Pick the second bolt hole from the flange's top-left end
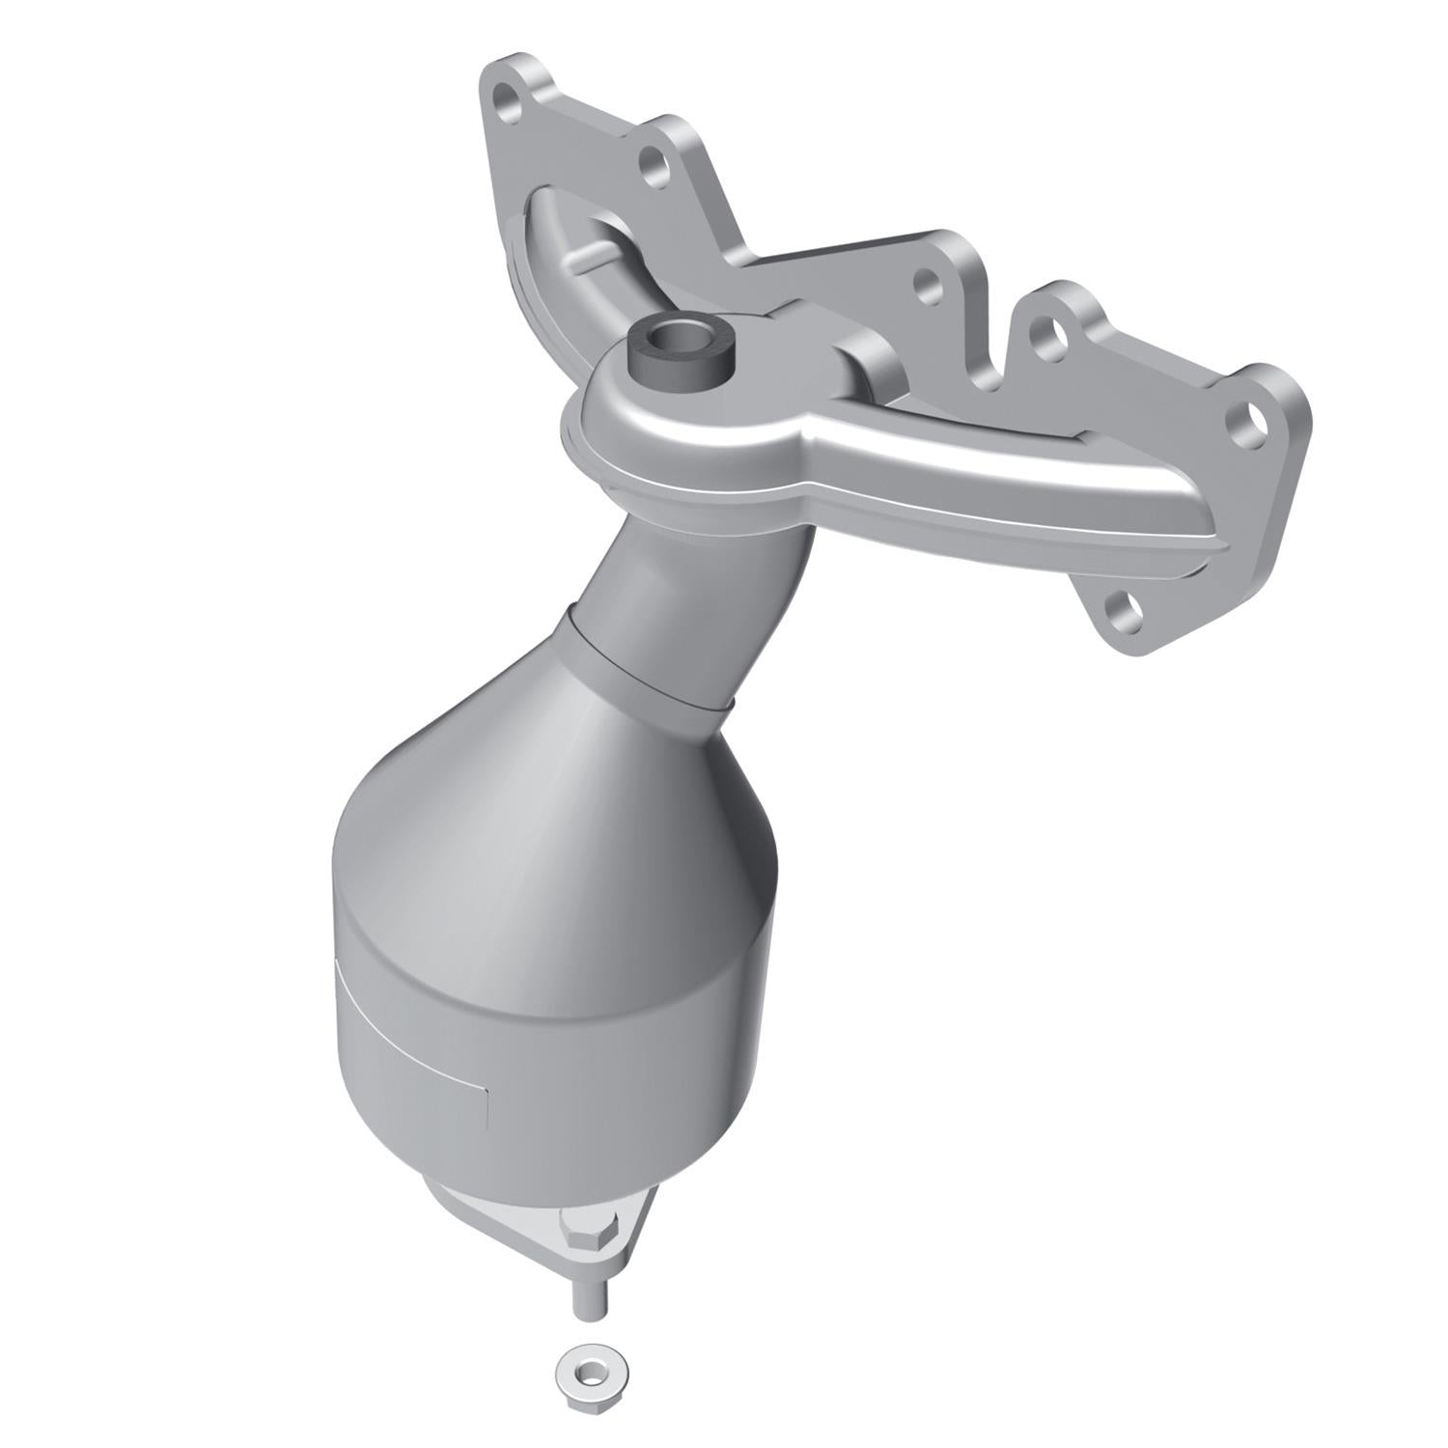[650, 160]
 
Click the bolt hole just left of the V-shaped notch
[928, 284]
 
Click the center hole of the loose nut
[579, 1364]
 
